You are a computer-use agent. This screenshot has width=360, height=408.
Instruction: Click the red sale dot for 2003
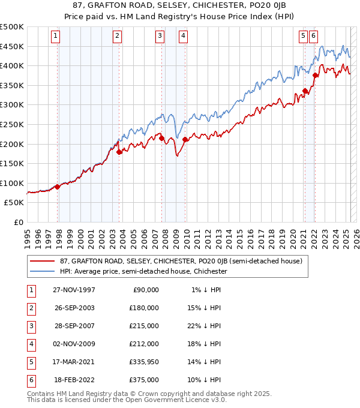[119, 152]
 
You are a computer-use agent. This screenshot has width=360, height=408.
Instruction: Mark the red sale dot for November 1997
[58, 187]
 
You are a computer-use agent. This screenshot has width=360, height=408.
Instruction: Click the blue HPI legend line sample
[43, 271]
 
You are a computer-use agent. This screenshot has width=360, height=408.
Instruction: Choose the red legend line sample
[43, 261]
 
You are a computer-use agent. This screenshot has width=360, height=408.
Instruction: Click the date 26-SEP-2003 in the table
[74, 308]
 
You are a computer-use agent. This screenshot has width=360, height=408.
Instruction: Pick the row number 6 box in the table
[31, 380]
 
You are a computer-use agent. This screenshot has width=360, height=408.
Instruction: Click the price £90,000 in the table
[146, 290]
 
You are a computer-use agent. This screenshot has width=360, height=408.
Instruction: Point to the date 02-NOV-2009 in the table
[74, 344]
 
